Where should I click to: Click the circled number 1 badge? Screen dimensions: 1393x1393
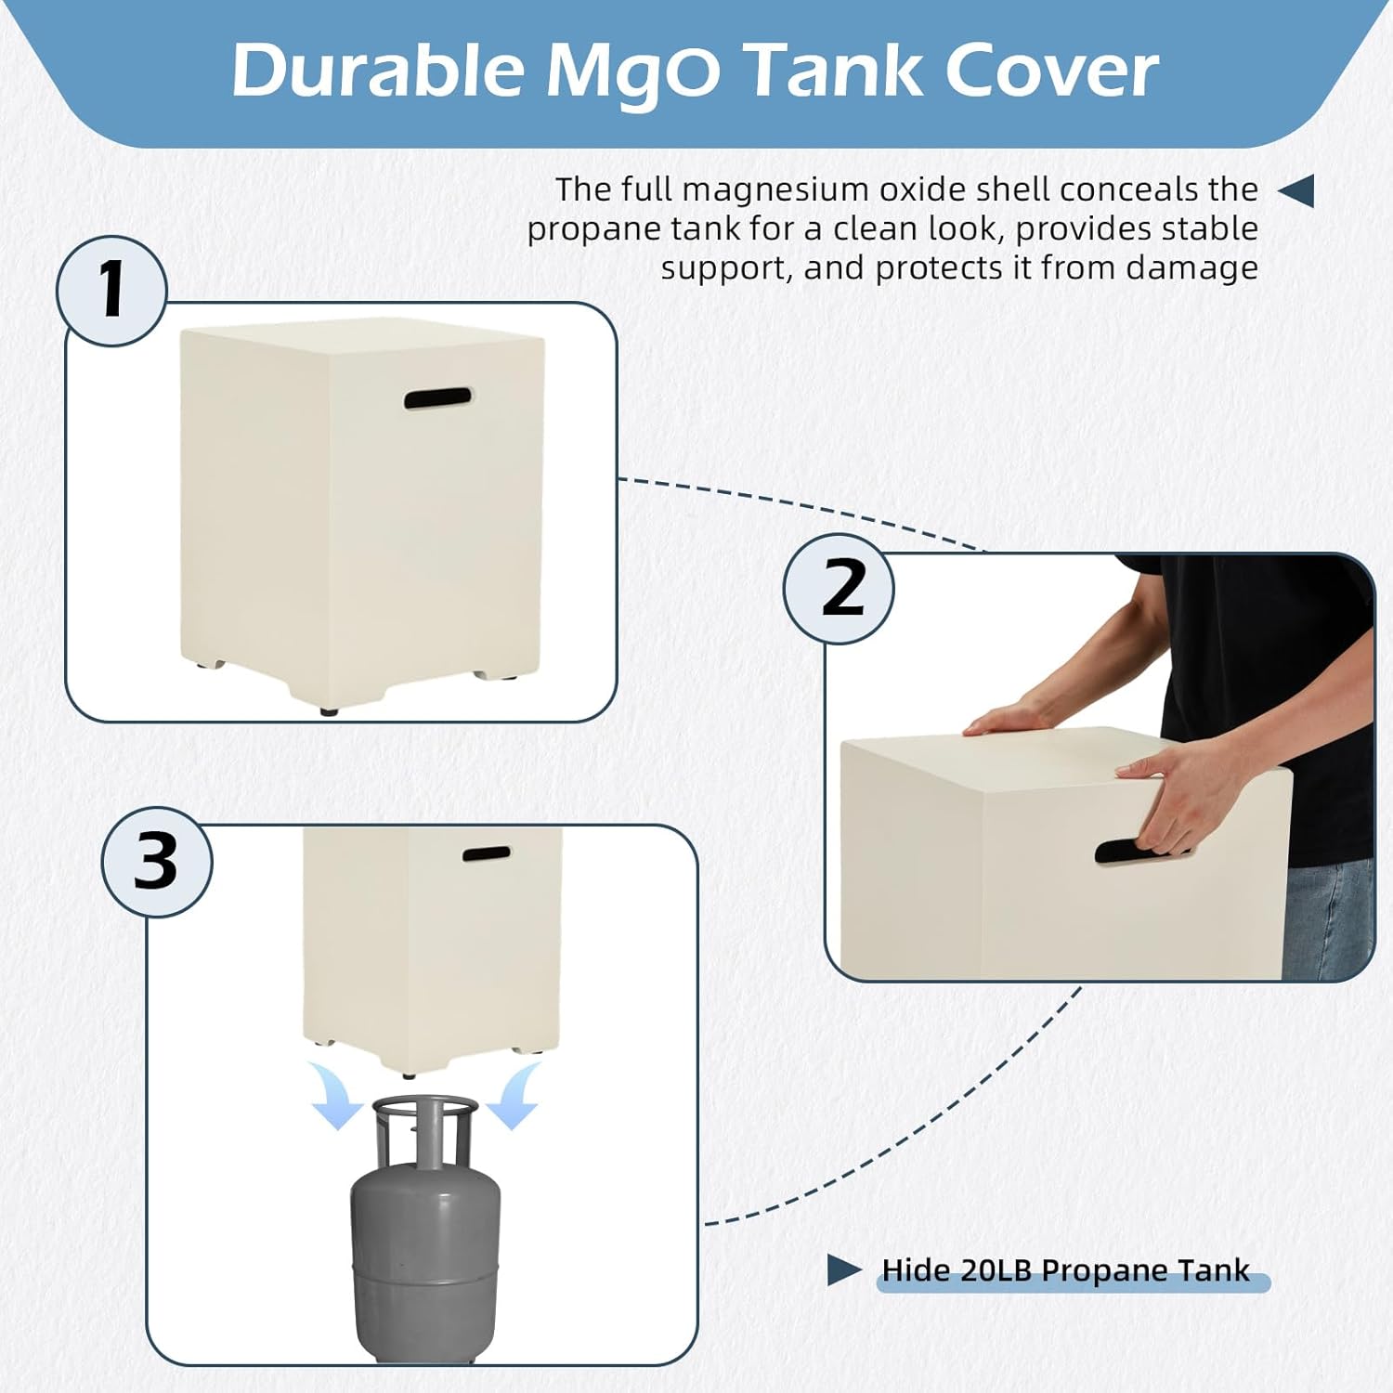pos(112,291)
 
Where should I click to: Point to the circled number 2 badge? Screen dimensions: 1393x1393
pos(840,589)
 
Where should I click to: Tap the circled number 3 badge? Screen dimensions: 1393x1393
pos(156,862)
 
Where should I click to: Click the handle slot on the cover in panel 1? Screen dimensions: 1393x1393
pos(437,398)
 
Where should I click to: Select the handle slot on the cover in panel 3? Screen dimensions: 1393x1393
pos(486,853)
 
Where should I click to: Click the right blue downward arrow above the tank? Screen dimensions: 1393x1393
pos(515,1096)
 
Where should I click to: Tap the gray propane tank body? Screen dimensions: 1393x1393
pos(425,1244)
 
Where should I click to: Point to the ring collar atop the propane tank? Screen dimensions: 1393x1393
pos(425,1110)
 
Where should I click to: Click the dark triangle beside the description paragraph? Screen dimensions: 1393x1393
pos(1297,190)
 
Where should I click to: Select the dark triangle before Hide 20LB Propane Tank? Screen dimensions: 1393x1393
pos(843,1269)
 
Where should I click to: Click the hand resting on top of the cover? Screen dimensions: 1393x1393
pos(1008,721)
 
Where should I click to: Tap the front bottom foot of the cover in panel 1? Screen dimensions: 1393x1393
pos(329,711)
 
